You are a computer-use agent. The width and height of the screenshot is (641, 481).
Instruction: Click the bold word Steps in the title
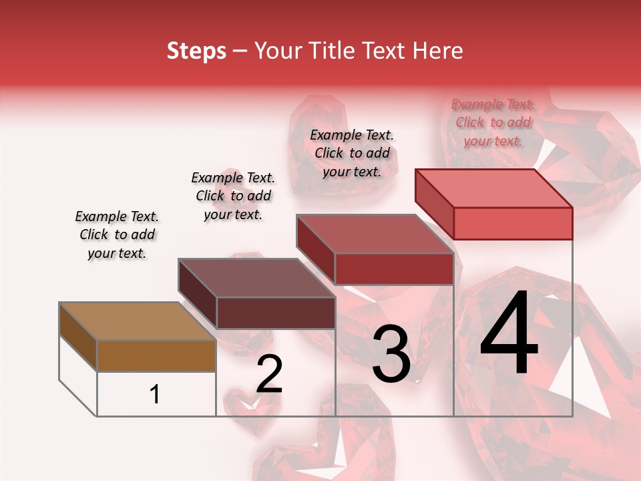[196, 51]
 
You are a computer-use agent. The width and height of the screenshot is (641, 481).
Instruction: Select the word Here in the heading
[437, 51]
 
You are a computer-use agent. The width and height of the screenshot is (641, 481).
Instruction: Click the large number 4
[509, 336]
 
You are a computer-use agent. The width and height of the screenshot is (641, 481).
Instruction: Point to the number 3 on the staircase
[391, 354]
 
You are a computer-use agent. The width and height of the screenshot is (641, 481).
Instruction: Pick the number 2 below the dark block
[269, 373]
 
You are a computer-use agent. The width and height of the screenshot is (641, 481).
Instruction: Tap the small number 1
[155, 394]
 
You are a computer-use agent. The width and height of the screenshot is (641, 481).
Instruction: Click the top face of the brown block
[137, 321]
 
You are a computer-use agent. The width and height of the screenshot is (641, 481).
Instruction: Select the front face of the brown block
[156, 355]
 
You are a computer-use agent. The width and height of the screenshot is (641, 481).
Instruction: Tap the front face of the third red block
[394, 269]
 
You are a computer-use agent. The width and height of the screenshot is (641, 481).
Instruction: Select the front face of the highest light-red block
[513, 223]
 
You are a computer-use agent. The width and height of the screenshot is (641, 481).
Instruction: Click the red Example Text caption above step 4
[493, 122]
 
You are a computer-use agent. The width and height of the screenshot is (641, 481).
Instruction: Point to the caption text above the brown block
[117, 234]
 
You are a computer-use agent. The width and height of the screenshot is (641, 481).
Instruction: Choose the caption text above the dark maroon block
[233, 196]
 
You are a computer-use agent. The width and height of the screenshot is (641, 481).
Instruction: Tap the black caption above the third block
[352, 153]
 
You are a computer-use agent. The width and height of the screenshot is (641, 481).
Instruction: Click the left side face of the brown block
[78, 337]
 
